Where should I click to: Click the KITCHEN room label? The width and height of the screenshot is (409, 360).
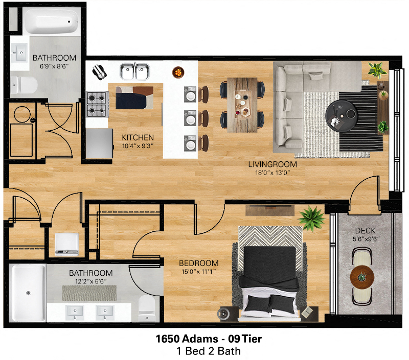point(138,137)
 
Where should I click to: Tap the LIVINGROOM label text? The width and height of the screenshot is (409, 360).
point(272,164)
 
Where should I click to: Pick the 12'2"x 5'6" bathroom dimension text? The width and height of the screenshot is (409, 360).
point(90,281)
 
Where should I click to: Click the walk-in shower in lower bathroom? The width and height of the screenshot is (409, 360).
point(27,294)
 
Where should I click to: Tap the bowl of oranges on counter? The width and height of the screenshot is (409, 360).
point(177,72)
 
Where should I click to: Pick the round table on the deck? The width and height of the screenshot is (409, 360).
point(362,278)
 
